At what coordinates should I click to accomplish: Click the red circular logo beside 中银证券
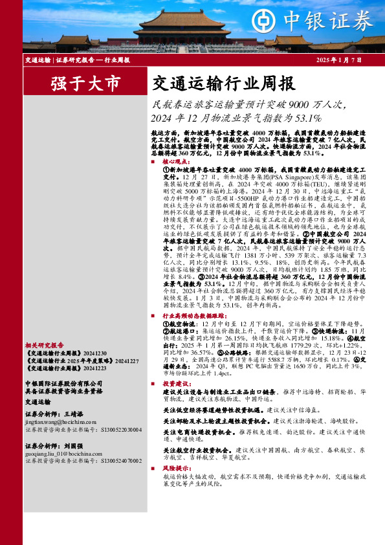pos(263,20)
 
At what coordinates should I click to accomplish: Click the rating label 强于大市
pos(85,83)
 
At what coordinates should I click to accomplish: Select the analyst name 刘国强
pos(74,447)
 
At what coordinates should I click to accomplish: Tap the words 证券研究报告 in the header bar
pos(74,60)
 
